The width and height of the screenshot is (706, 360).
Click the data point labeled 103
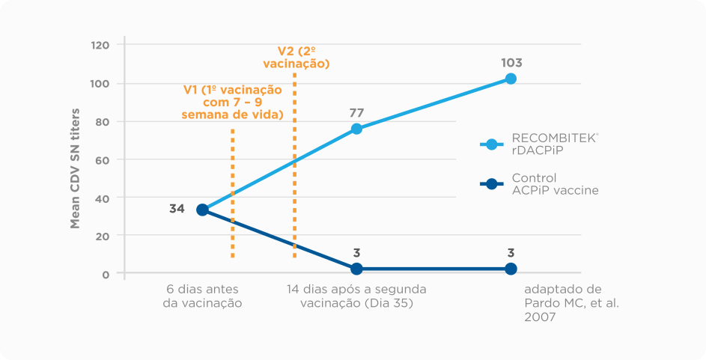pos(511,79)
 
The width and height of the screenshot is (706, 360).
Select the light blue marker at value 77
pos(356,129)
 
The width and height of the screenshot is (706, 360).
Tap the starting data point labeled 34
pos(202,210)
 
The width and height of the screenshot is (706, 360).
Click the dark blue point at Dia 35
pos(356,269)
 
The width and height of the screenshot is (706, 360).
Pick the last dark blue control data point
pos(511,269)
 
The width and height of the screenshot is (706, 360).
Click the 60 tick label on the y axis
pos(103,159)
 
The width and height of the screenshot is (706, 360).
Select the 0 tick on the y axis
pos(106,274)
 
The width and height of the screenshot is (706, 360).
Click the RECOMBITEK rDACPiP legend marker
pos(491,144)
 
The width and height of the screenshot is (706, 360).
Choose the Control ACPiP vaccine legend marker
pos(491,184)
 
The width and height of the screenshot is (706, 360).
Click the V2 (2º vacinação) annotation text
pos(296,58)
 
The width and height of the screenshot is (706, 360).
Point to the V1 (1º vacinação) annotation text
pos(233,102)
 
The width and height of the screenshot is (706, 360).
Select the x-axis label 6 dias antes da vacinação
pos(202,296)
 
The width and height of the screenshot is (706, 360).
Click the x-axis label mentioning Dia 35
pos(356,296)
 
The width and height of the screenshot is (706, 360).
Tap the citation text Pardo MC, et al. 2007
pos(563,303)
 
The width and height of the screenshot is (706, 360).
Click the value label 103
pos(511,63)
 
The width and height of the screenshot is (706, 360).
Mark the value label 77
pos(356,113)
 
